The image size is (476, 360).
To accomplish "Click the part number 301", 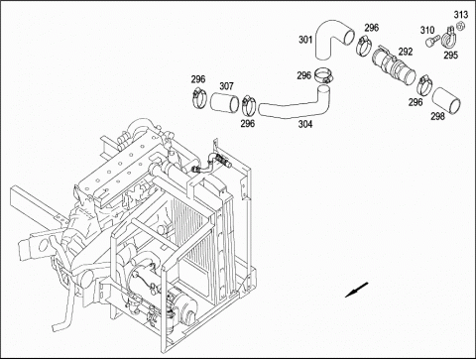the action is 305,40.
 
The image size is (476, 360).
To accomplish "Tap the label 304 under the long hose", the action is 305,124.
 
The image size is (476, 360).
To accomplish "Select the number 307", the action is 226,86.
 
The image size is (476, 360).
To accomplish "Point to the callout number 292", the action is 406,52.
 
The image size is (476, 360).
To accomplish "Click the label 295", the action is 450,55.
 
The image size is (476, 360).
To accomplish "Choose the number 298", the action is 437,116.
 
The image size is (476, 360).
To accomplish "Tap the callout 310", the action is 427,31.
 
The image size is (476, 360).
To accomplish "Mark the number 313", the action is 460,15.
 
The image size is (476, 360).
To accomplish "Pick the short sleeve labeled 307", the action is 225,102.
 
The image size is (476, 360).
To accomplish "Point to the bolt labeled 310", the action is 430,41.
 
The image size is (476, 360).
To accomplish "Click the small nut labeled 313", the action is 460,26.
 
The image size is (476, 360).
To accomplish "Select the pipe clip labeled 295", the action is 449,38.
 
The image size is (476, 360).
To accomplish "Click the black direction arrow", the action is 356,290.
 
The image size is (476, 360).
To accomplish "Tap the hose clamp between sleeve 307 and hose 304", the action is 248,104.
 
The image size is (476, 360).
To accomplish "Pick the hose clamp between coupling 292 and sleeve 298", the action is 423,84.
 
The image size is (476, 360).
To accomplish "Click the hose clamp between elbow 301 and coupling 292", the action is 364,45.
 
